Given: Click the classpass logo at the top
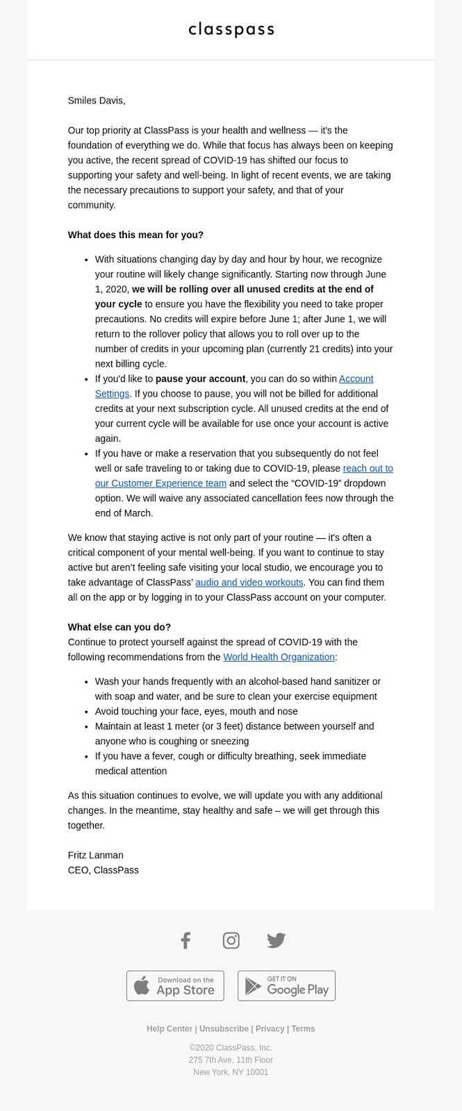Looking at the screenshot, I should [x=231, y=29].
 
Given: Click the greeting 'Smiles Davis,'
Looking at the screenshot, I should [x=97, y=101].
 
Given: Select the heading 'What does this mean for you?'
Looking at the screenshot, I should [x=135, y=235].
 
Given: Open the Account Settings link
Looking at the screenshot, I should [x=356, y=378].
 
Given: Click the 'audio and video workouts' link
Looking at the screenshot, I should [x=249, y=582].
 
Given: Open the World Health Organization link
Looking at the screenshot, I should [x=279, y=657].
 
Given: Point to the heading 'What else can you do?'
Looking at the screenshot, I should [x=119, y=627].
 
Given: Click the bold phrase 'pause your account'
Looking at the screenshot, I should [x=200, y=378].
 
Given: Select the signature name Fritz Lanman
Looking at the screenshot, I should [x=96, y=855].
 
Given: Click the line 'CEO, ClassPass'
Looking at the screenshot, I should [x=104, y=870].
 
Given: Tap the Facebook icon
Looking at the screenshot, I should [x=185, y=940].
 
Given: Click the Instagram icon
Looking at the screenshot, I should [x=231, y=940].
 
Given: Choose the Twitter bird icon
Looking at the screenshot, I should [x=276, y=940].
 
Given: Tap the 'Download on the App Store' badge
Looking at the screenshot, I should [x=175, y=985].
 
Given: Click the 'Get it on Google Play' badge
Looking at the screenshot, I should [x=286, y=985].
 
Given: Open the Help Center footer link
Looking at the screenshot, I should [x=170, y=1028].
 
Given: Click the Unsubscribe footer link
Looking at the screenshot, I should [x=224, y=1028].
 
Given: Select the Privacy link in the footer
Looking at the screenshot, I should [x=270, y=1028].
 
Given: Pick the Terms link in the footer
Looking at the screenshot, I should [x=303, y=1028].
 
